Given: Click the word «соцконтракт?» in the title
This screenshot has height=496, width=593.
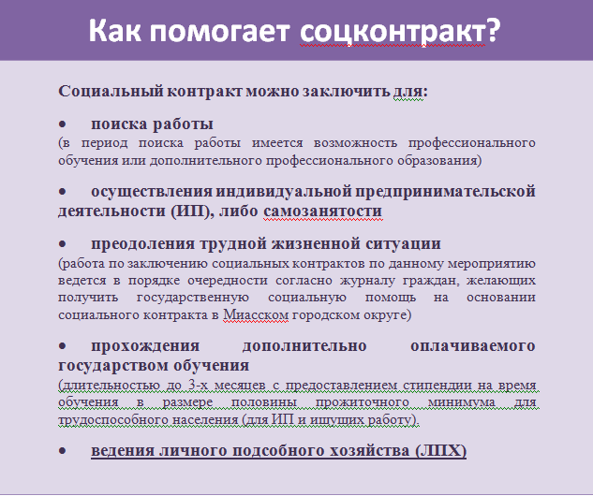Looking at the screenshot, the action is tap(400, 31).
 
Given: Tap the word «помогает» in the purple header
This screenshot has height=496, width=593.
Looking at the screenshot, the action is tap(220, 31).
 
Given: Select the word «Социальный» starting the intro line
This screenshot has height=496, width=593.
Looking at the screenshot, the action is tap(111, 92).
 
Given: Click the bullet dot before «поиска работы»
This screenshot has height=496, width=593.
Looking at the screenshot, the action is tap(63, 124).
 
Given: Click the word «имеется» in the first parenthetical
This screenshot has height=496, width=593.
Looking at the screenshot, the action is tap(277, 143).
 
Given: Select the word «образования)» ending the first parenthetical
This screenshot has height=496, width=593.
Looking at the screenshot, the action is tap(439, 161).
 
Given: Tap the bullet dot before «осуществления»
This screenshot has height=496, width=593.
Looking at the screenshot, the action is tap(63, 192).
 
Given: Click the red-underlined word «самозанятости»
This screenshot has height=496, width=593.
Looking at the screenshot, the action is tap(322, 212).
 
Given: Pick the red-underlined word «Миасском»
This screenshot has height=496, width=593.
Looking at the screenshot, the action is tap(256, 314).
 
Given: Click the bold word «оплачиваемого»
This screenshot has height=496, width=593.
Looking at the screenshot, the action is tap(473, 346).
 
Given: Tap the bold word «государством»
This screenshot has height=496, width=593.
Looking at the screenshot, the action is tap(113, 366).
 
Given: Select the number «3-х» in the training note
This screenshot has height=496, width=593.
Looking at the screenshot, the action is tap(197, 386).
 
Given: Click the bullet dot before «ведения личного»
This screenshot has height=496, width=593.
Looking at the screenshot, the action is tap(63, 451).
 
